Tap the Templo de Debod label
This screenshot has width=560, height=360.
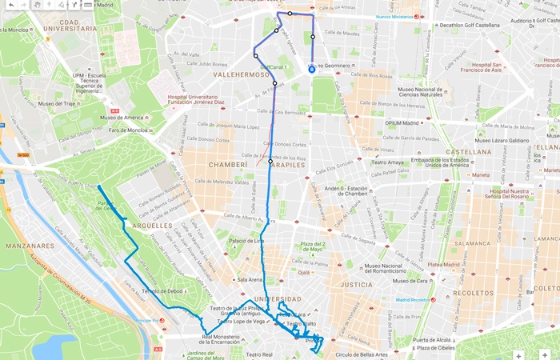164,291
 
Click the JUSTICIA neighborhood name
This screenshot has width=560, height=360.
357,284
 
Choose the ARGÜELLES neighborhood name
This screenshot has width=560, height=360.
150,226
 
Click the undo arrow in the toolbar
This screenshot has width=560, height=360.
10,5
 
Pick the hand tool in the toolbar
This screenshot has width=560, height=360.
37,5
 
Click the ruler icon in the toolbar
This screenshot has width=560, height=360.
86,5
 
